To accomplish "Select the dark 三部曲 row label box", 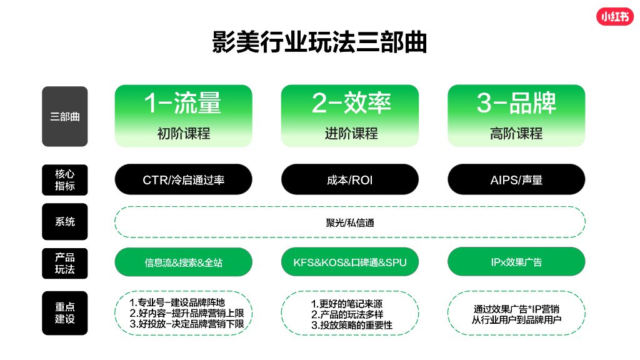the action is click(65, 116).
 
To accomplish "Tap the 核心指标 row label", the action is click(65, 180).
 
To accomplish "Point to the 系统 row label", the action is click(65, 222).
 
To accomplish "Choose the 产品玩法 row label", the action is click(65, 262).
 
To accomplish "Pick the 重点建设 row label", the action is click(65, 312).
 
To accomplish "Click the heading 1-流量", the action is click(183, 103).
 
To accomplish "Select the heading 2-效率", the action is click(350, 103).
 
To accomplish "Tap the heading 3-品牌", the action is click(516, 103).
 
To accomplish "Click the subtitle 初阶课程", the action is click(183, 133).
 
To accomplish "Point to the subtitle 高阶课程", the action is click(516, 133).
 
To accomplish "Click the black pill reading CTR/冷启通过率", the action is click(183, 180).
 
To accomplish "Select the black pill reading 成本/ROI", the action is click(350, 180).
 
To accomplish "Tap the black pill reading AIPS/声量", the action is click(516, 180).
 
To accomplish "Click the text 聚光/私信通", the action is click(350, 222).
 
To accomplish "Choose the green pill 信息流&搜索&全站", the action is click(183, 262).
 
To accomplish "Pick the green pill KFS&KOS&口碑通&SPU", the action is click(350, 262).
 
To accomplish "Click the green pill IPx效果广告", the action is click(516, 262).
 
